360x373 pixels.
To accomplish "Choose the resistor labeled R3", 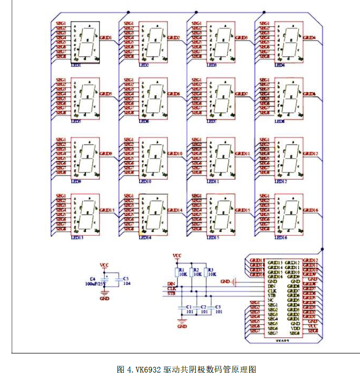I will (209, 271).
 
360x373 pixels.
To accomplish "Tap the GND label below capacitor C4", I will (105, 298).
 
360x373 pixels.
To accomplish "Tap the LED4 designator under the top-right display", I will (279, 65).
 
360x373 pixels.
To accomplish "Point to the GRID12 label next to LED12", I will (310, 154).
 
